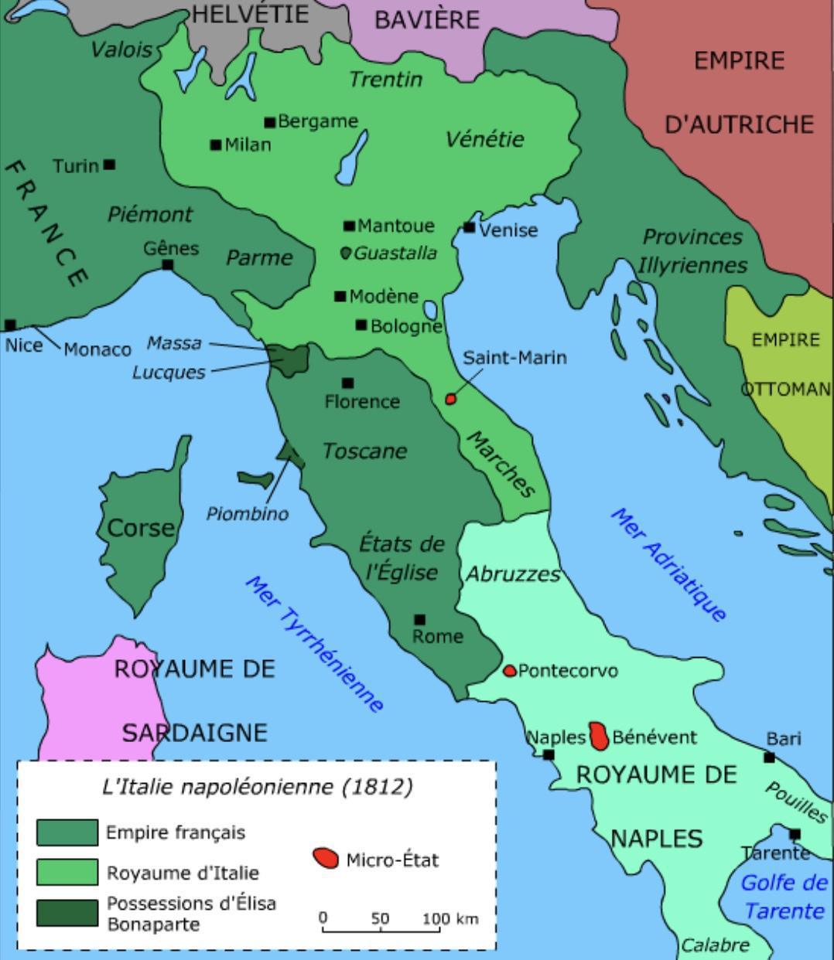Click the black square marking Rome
pyautogui.click(x=419, y=619)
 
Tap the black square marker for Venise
pyautogui.click(x=469, y=227)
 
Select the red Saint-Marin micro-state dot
pyautogui.click(x=450, y=399)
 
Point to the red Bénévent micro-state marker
pyautogui.click(x=599, y=736)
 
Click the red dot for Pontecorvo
pyautogui.click(x=509, y=671)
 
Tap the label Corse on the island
pyautogui.click(x=141, y=528)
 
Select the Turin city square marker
pyautogui.click(x=110, y=165)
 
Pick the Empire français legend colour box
pyautogui.click(x=67, y=832)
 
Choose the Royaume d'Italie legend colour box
pyautogui.click(x=67, y=872)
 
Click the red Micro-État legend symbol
pyautogui.click(x=326, y=858)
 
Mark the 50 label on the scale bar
pyautogui.click(x=380, y=918)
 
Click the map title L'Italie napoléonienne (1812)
pyautogui.click(x=258, y=787)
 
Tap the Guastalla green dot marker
pyautogui.click(x=346, y=253)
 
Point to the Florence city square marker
pyautogui.click(x=347, y=383)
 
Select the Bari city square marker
pyautogui.click(x=769, y=757)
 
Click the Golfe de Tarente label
pyautogui.click(x=784, y=897)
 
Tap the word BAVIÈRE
pyautogui.click(x=427, y=19)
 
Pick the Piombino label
pyautogui.click(x=247, y=514)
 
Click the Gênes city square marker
pyautogui.click(x=168, y=265)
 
